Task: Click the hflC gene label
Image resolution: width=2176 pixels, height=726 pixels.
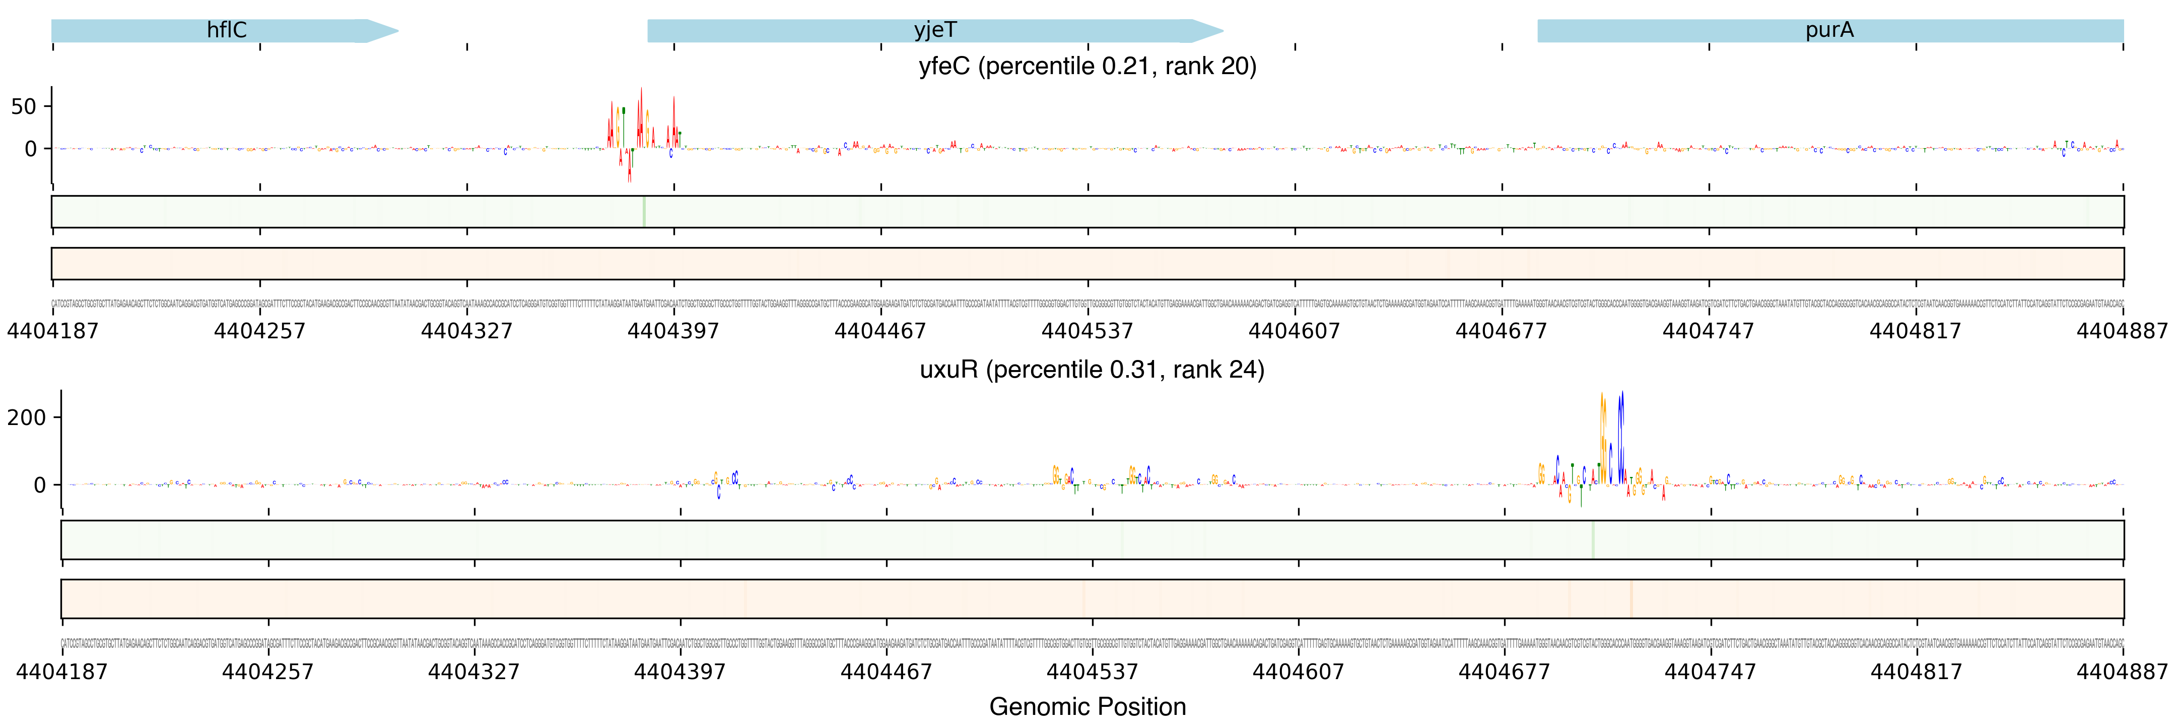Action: tap(226, 30)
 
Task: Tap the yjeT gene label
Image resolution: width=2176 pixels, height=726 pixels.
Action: tap(935, 30)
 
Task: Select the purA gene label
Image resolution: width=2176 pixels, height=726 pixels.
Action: tap(1829, 30)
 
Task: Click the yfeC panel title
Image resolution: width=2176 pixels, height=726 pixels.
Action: tap(1087, 66)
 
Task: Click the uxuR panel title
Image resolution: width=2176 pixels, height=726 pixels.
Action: tap(1092, 370)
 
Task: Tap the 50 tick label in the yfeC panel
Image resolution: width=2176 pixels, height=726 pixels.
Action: tap(24, 106)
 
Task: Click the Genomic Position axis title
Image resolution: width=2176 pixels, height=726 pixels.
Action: tap(1087, 706)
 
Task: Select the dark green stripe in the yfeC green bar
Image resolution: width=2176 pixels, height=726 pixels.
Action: tap(644, 211)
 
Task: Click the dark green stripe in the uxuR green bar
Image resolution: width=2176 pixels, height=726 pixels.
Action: tap(1592, 539)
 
